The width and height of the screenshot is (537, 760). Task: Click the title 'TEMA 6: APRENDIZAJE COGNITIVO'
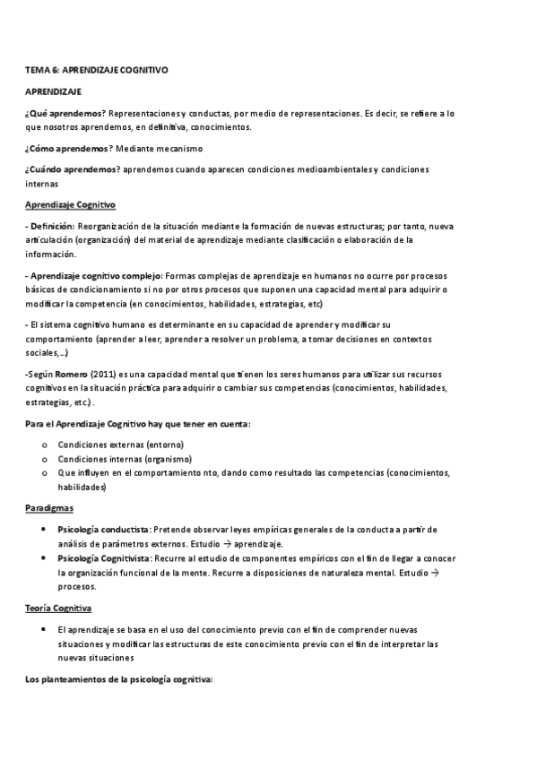(x=97, y=69)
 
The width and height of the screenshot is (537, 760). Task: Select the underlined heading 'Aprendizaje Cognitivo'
(x=70, y=205)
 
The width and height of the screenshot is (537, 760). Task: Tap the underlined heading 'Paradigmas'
(x=50, y=508)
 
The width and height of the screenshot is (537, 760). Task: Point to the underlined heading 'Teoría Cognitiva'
(x=65, y=609)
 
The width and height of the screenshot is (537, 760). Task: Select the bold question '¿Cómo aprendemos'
(x=67, y=148)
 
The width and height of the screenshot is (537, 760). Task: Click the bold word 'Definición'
(x=52, y=228)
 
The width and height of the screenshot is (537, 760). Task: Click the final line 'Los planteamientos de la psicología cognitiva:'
(x=118, y=681)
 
